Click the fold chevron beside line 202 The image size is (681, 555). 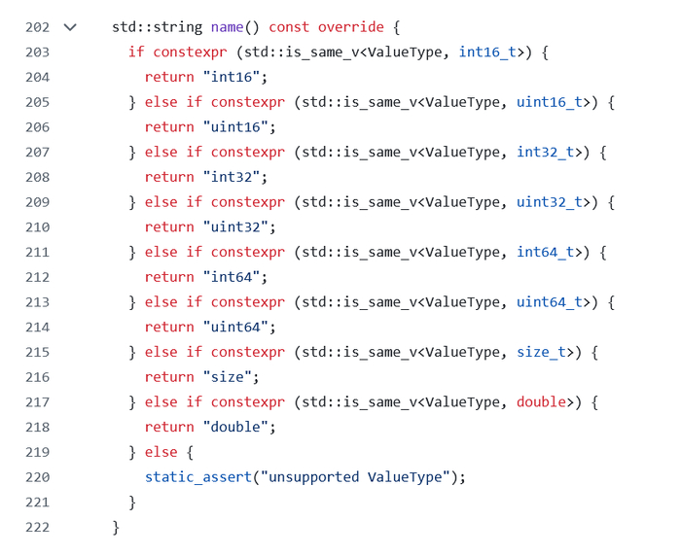click(x=70, y=28)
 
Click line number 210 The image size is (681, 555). click(x=37, y=226)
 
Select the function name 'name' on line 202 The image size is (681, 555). click(x=227, y=27)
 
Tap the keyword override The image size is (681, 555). click(x=351, y=27)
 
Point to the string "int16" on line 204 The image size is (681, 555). click(x=232, y=77)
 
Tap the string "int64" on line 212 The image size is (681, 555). click(x=232, y=277)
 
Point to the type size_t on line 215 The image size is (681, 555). click(x=541, y=352)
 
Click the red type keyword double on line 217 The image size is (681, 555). click(x=541, y=401)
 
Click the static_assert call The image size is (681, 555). click(x=198, y=477)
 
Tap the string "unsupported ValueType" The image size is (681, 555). click(x=355, y=477)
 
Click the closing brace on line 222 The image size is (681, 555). click(x=116, y=528)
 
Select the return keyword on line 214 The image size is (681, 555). click(x=169, y=327)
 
